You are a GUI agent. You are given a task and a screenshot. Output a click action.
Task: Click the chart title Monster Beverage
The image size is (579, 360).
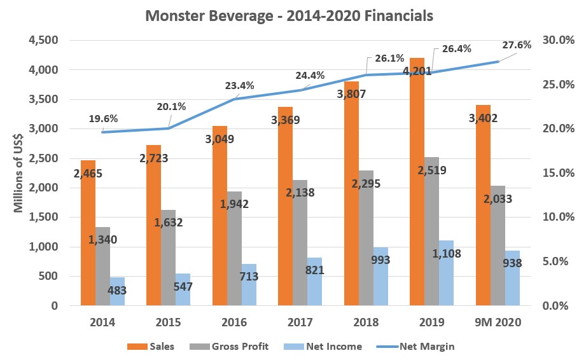[x=289, y=15]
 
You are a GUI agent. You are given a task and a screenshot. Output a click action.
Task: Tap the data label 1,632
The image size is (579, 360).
[x=169, y=223]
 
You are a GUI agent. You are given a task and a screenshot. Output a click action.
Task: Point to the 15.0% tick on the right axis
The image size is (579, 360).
[x=552, y=173]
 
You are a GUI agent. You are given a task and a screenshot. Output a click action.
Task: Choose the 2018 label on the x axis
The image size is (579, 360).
[x=368, y=323]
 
